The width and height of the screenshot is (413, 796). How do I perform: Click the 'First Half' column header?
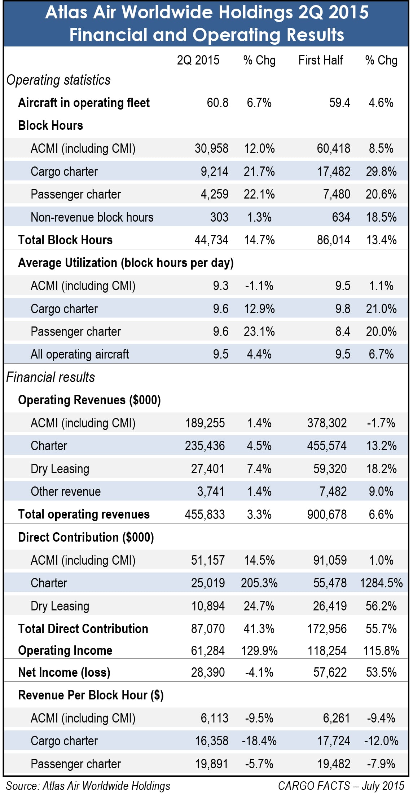click(321, 60)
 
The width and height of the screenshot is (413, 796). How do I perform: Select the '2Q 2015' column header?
click(198, 60)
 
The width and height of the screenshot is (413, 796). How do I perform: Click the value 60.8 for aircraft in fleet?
click(218, 103)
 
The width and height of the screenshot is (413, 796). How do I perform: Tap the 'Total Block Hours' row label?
click(65, 240)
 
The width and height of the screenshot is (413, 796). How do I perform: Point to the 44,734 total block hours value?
click(211, 240)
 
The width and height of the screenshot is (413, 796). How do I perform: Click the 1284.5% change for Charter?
click(381, 583)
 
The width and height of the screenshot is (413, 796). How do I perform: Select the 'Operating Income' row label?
click(65, 650)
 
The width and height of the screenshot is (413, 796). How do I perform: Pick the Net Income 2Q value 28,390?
click(208, 672)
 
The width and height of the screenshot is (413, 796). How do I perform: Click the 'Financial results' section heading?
click(50, 377)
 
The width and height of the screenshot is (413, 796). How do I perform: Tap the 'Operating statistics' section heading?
click(58, 80)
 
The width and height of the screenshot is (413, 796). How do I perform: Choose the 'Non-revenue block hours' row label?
click(92, 217)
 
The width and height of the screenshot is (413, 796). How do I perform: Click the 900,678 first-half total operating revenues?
click(327, 515)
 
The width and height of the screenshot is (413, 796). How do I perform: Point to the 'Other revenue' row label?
click(66, 492)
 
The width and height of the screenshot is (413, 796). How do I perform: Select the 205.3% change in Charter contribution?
click(259, 583)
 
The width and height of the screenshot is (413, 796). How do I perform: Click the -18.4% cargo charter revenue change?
click(259, 741)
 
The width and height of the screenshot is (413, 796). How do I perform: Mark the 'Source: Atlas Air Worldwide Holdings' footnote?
click(88, 786)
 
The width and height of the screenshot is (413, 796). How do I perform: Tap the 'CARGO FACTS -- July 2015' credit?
click(341, 786)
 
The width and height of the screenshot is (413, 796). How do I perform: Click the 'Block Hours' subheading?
click(50, 125)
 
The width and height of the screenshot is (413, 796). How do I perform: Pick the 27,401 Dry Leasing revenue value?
click(208, 469)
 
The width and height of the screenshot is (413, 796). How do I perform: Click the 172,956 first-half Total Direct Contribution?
click(327, 629)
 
